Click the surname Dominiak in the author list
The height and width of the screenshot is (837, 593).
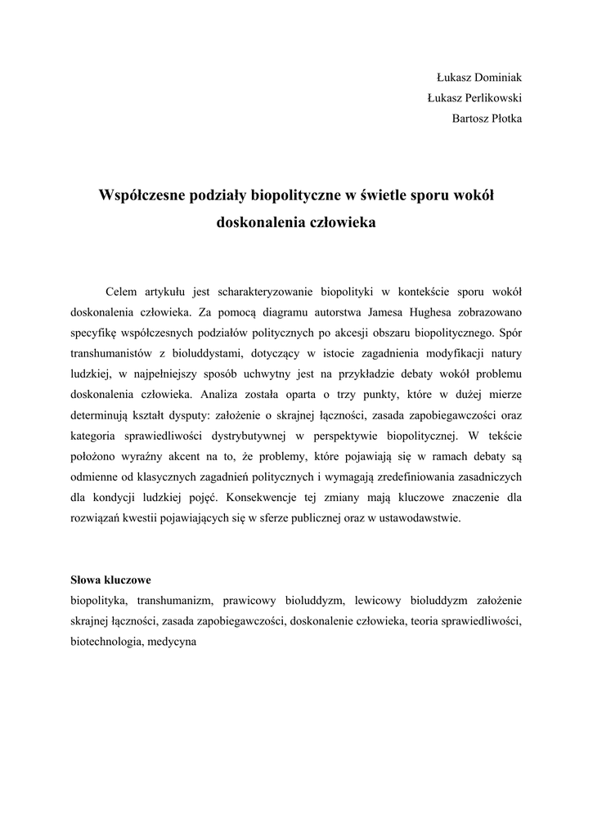pos(493,78)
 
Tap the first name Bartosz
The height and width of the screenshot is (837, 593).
pos(469,119)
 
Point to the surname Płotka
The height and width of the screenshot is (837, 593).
pos(506,119)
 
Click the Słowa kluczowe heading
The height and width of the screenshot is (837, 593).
pos(110,580)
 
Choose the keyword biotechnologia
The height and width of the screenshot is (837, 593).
pos(105,642)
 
